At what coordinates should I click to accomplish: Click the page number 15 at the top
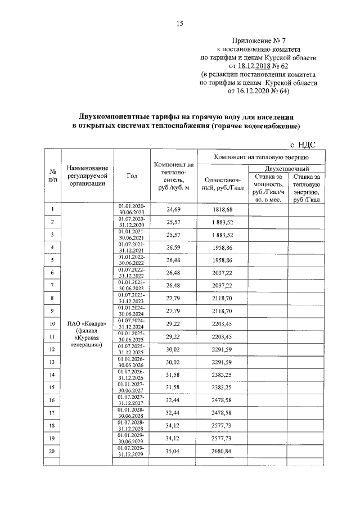click(180, 23)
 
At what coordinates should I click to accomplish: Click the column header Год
click(132, 176)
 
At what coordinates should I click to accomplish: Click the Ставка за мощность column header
click(267, 188)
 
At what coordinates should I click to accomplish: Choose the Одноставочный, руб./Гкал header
click(222, 182)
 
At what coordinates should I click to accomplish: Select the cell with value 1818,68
click(222, 209)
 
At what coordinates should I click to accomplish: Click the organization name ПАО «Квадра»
click(85, 324)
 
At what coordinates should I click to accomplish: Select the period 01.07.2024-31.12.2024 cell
click(132, 324)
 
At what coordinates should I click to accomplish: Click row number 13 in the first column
click(52, 362)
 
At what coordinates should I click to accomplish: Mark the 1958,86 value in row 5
click(222, 260)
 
